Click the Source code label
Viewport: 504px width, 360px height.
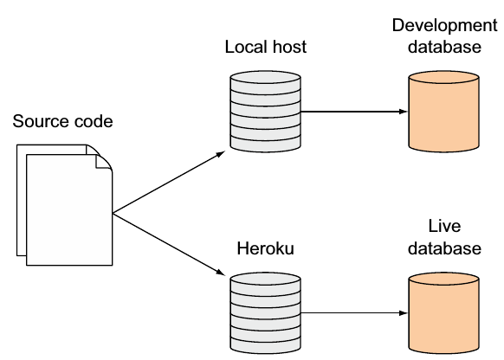(62, 120)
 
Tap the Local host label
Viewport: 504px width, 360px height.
(265, 47)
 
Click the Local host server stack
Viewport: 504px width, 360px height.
(265, 111)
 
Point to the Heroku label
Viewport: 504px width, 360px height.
(266, 249)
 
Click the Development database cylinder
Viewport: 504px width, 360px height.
(443, 111)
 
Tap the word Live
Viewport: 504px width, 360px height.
(444, 227)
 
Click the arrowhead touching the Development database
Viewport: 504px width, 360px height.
(402, 112)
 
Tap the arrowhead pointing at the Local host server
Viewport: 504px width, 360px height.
(222, 153)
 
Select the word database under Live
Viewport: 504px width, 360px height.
(444, 248)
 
